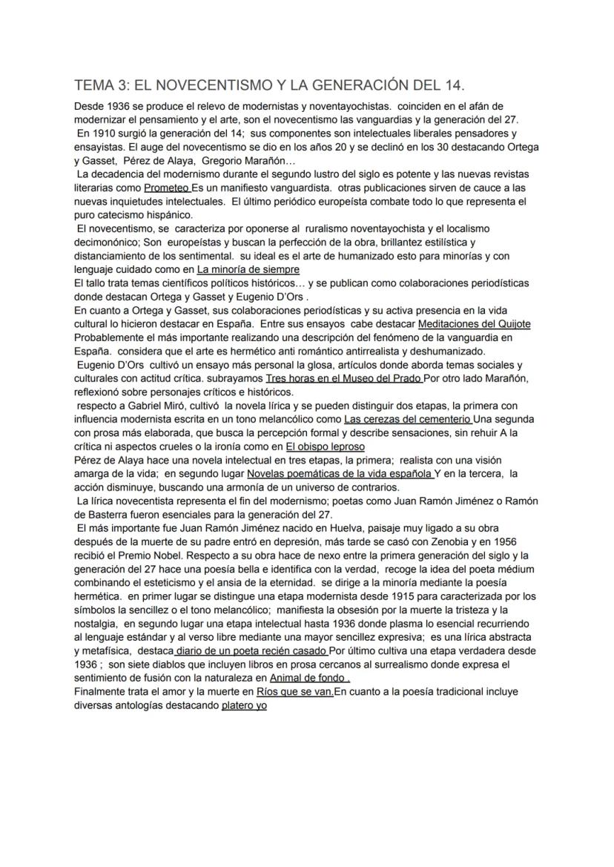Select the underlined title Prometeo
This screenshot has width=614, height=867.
coord(167,188)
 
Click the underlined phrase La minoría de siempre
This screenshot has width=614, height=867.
coord(248,269)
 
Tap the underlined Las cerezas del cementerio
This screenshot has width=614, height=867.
coord(407,419)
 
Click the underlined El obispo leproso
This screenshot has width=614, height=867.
coord(325,446)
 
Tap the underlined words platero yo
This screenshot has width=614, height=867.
coord(244,705)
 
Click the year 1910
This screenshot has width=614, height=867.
coord(104,133)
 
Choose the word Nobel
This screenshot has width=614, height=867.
coord(168,556)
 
